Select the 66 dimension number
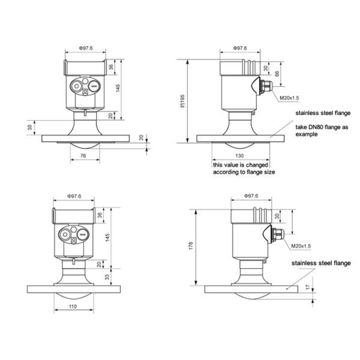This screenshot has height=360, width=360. [277, 73]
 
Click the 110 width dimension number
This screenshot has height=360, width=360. [73, 307]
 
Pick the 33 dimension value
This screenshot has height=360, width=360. [109, 278]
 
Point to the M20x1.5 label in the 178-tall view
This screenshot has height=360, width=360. [301, 245]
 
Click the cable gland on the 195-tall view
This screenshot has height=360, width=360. [265, 86]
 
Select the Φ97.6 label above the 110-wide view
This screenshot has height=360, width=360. [74, 196]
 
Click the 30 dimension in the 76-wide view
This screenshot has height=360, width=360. [29, 127]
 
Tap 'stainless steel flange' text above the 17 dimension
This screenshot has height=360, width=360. [321, 263]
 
